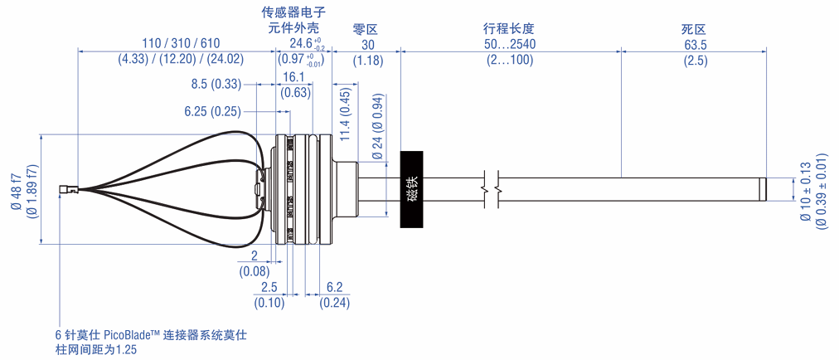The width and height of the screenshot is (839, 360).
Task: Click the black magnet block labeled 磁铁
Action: pos(412,189)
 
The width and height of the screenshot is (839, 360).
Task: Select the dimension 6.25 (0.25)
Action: pos(212,111)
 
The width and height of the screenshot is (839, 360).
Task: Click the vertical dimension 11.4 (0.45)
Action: pos(345,114)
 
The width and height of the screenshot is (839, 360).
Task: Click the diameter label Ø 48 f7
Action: pos(16,190)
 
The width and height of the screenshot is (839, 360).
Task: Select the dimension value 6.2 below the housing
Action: pos(334,288)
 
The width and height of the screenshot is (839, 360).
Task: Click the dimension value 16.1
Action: pos(294,77)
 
